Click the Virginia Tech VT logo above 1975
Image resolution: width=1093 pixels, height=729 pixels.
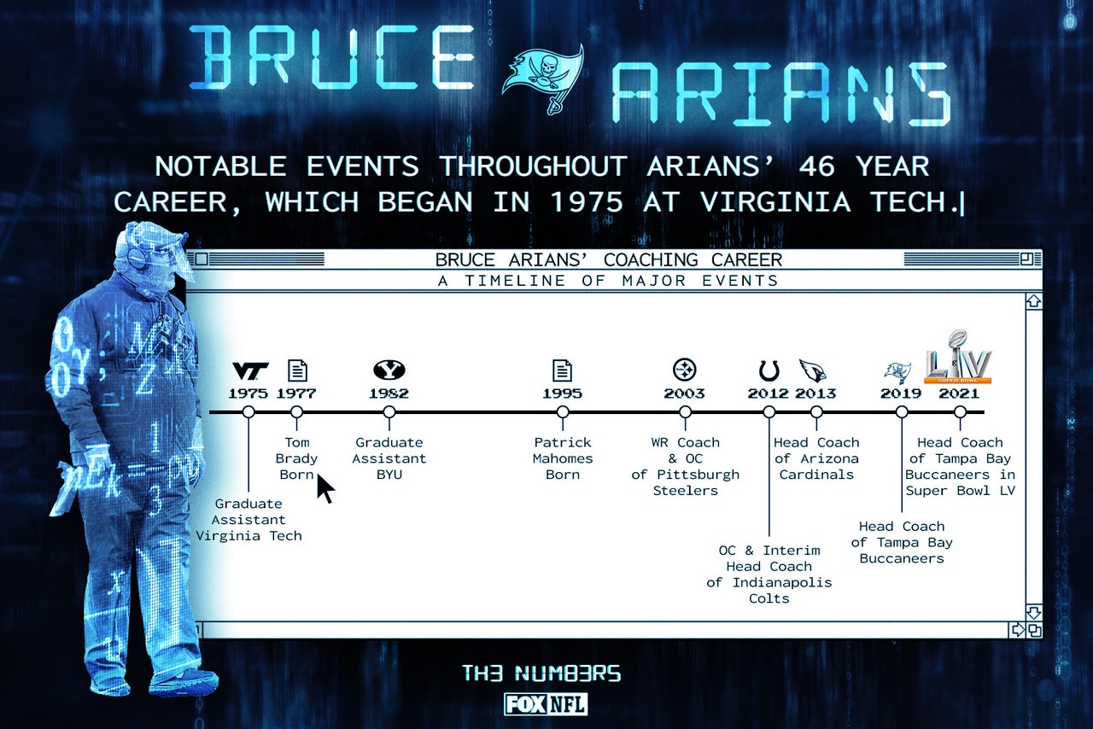point(250,370)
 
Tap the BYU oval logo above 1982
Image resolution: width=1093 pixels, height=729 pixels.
point(389,370)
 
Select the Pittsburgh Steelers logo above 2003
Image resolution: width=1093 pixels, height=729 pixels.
point(685,370)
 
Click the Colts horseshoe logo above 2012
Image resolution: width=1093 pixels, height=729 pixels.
point(769,370)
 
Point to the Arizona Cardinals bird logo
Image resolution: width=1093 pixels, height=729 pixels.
point(813,370)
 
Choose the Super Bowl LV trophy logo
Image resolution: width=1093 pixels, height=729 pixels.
point(958,357)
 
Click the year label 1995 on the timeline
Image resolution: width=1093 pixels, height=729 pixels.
point(562,394)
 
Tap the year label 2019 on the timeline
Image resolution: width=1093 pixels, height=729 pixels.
point(901,394)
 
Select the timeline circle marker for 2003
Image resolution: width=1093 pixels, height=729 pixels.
point(685,412)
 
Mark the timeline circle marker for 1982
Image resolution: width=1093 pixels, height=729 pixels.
point(389,412)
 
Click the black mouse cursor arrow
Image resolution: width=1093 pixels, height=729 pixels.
point(325,488)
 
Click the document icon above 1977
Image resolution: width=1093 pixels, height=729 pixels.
point(297,370)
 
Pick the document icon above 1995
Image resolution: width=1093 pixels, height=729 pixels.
point(562,370)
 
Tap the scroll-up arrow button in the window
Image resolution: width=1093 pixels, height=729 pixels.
point(1034,301)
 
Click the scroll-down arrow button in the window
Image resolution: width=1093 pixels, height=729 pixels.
point(1034,612)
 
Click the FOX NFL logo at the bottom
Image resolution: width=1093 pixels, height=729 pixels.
point(546,704)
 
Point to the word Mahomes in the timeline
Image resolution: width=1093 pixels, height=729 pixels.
point(562,458)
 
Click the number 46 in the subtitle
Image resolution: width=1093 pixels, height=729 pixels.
point(815,166)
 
